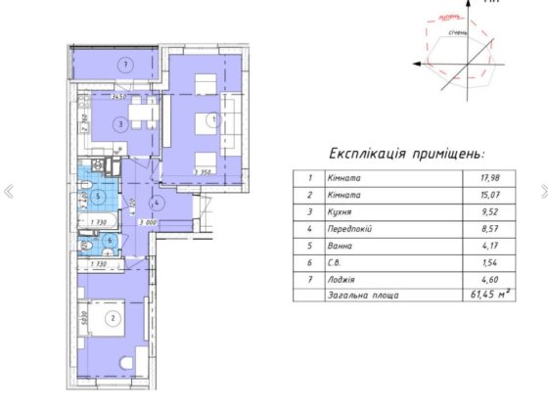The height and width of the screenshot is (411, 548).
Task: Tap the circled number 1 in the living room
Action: pos(213,119)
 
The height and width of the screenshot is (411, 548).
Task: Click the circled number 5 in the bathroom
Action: pos(113,193)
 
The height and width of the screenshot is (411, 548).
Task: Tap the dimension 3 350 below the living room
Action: pos(204,173)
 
